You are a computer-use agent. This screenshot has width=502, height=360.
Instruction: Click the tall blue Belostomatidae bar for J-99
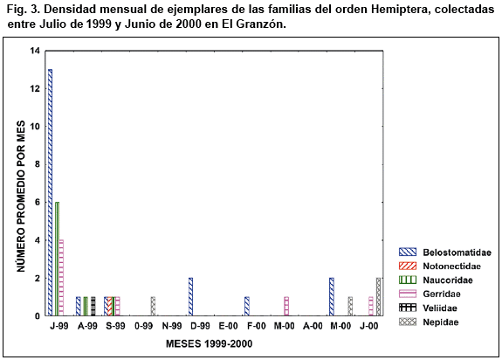[50, 192]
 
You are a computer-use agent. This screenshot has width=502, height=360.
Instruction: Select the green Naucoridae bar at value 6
[58, 259]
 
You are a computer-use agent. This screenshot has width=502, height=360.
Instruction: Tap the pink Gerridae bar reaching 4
[61, 278]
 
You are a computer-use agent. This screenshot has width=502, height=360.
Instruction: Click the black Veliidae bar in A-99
[93, 306]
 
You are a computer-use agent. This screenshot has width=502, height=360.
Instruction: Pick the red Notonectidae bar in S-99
[110, 306]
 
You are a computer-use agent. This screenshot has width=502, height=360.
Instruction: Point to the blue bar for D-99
[191, 296]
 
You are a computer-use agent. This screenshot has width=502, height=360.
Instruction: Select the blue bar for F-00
[247, 306]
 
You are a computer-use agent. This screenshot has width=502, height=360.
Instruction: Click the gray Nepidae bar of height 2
[379, 296]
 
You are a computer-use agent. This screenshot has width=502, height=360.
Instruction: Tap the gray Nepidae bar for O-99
[153, 306]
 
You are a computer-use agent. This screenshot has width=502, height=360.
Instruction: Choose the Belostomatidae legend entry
[445, 253]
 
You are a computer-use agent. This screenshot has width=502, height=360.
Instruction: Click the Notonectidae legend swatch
[408, 267]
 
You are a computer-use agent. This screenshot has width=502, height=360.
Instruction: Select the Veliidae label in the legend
[440, 308]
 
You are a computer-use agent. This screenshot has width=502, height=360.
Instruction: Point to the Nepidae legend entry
[429, 322]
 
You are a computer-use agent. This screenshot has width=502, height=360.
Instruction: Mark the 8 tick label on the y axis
[38, 164]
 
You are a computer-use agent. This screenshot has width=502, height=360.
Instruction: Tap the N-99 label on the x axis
[172, 326]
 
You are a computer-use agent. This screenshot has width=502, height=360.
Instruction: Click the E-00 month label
[228, 326]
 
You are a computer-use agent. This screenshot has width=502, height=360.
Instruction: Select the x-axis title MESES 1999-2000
[209, 343]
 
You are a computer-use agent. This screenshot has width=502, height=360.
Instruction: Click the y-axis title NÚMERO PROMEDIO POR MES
[21, 197]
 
